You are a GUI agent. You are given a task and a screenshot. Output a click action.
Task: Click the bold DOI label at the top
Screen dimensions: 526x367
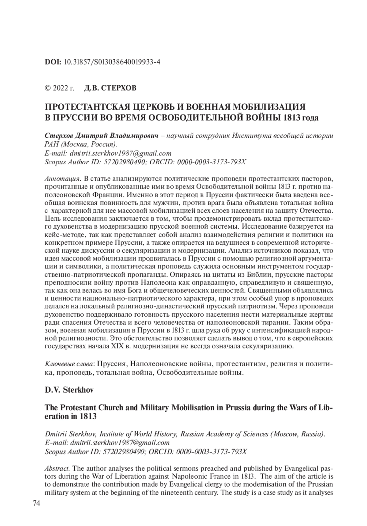pos(53,62)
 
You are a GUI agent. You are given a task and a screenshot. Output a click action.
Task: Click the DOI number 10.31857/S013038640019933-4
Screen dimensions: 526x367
pos(112,62)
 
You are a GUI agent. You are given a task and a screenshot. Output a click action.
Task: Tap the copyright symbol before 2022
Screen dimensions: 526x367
pos(48,88)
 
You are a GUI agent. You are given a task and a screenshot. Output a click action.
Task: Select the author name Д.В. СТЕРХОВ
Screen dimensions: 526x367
pos(110,88)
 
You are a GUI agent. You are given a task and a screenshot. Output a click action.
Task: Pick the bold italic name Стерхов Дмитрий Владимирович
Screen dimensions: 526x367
pos(101,136)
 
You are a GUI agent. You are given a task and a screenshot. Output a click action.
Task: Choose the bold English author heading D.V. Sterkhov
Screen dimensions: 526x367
pos(69,390)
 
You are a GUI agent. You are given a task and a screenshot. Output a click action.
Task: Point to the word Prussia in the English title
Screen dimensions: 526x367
pos(239,408)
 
